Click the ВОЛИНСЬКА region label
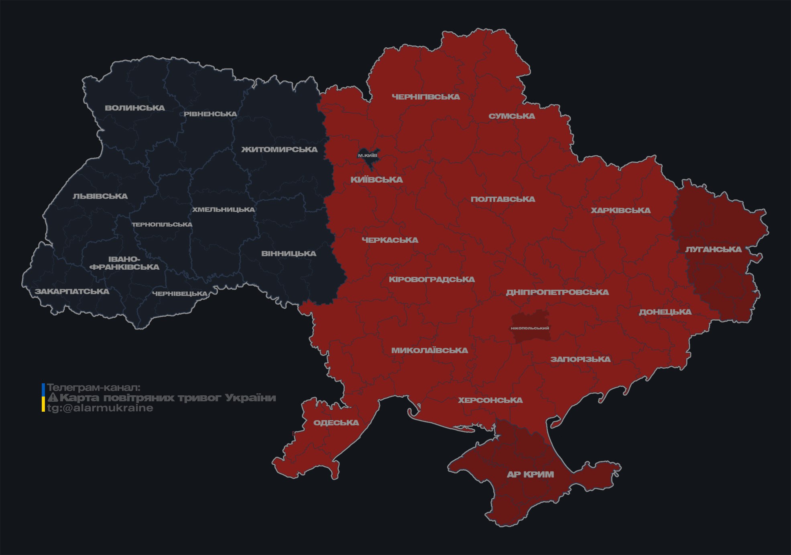[x=135, y=108]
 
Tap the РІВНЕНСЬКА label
[x=210, y=114]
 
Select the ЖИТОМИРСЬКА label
[x=279, y=150]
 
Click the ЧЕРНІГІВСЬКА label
[x=426, y=97]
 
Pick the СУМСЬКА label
[x=512, y=116]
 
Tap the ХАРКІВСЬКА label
[x=620, y=210]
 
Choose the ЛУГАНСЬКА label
[x=713, y=249]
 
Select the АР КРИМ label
[x=530, y=474]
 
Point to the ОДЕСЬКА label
[x=336, y=423]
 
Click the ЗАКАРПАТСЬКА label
[x=72, y=291]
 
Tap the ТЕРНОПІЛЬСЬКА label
[x=162, y=224]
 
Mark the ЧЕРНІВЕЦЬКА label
[x=180, y=294]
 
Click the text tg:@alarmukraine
[x=100, y=408]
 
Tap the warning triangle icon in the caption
[x=53, y=398]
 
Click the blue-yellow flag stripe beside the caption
[x=43, y=397]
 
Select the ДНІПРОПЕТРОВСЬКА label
[x=557, y=292]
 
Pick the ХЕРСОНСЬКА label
[x=490, y=400]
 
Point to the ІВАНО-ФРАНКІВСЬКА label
[x=124, y=263]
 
